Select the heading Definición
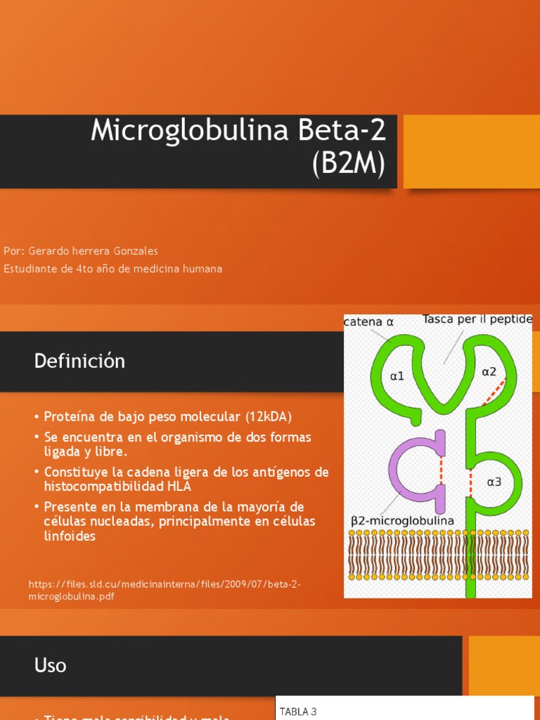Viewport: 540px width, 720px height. coord(79,361)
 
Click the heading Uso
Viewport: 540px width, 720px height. coord(50,664)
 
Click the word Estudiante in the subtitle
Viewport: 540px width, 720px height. coord(31,269)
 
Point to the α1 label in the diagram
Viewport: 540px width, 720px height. coord(398,376)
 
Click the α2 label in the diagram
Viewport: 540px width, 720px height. coord(490,371)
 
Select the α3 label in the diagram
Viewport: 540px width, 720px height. coord(495,482)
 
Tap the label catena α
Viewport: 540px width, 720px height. coord(368,322)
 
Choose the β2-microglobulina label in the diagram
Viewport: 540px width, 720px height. coord(402,521)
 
